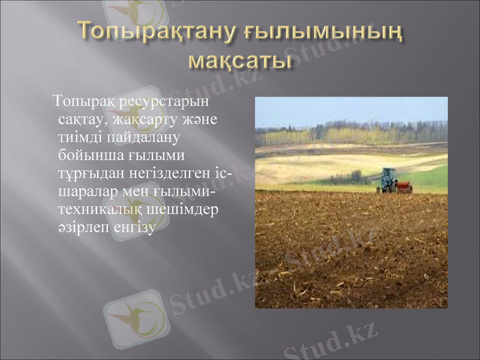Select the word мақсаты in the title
[240, 60]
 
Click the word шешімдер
[181, 211]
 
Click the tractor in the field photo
[388, 179]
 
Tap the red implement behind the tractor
[405, 187]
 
